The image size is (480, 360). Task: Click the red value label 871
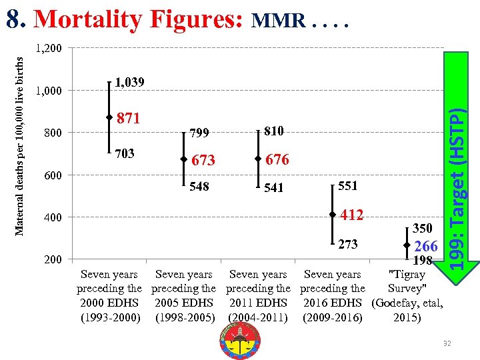(129, 119)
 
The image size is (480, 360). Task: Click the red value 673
(203, 161)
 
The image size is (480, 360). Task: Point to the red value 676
(277, 160)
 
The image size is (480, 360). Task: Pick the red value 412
(351, 215)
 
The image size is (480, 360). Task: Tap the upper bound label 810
(275, 131)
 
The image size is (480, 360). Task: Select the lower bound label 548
(199, 187)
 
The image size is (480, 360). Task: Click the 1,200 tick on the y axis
(48, 49)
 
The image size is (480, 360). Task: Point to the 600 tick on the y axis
(53, 175)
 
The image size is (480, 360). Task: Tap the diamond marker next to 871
(109, 117)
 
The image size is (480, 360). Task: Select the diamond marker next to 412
(331, 215)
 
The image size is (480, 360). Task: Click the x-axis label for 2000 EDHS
(109, 296)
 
